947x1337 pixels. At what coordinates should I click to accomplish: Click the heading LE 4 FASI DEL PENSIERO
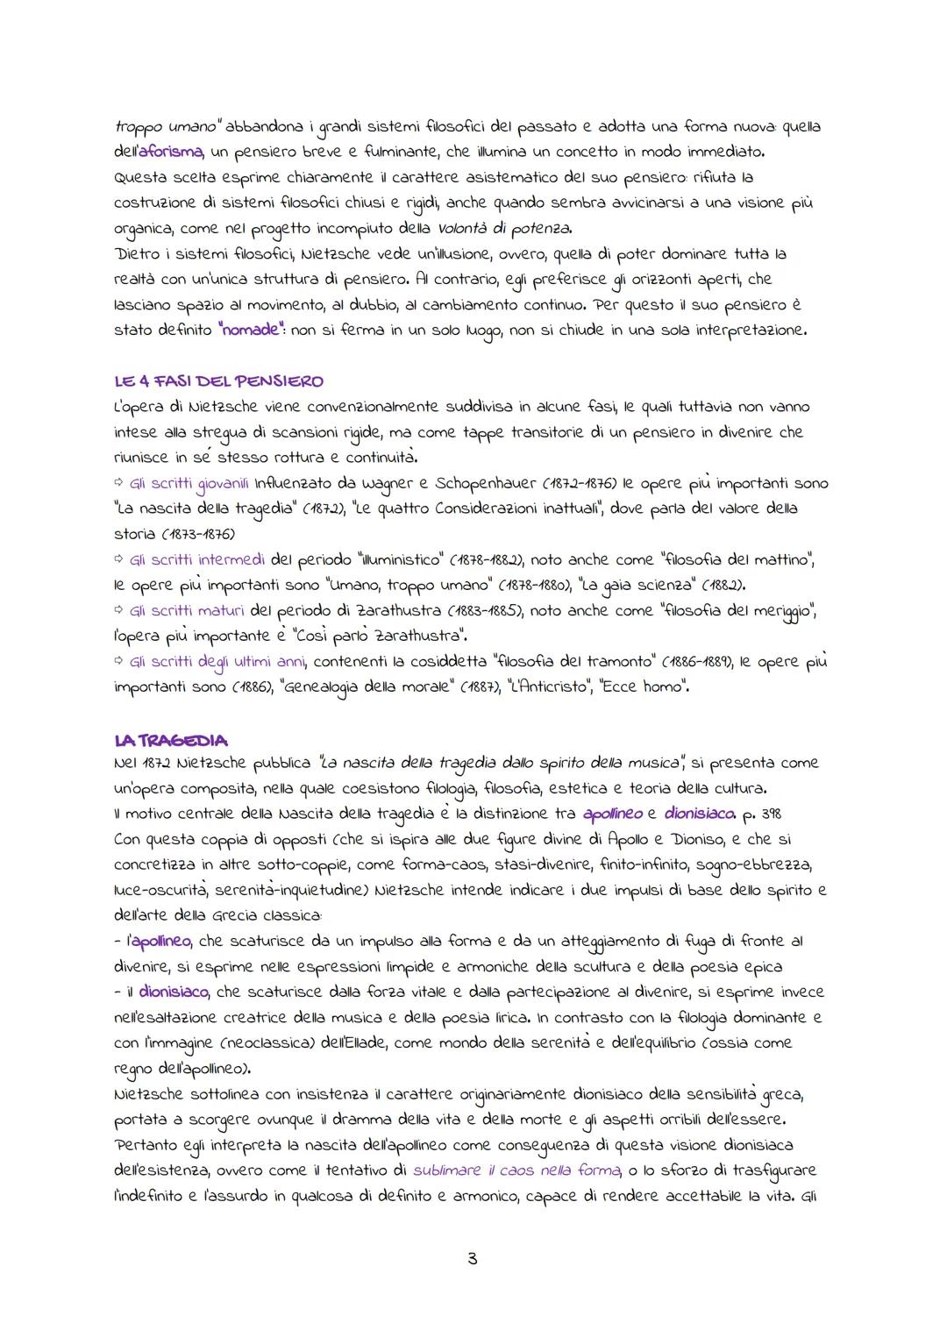click(218, 381)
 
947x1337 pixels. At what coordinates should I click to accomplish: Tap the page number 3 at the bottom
click(473, 1260)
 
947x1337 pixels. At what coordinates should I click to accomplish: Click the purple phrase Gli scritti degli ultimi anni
click(218, 661)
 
